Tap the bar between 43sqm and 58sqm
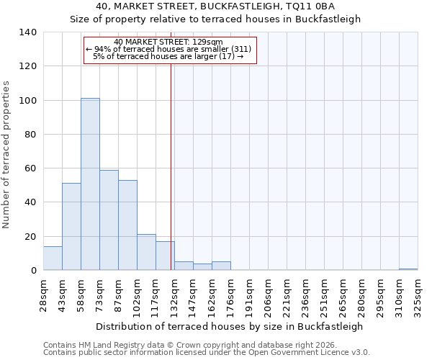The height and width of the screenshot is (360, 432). coord(71,227)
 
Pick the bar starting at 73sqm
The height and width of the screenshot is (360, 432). coord(109,220)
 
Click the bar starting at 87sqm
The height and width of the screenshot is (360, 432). coord(127,225)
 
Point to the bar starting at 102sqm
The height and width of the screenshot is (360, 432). coord(146,252)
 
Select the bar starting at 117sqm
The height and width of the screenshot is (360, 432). coord(165,256)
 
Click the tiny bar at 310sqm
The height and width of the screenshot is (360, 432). coord(408,269)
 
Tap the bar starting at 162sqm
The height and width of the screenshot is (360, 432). coord(221,266)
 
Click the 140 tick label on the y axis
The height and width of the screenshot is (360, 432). coord(27,32)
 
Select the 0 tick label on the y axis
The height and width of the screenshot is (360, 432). coord(33,271)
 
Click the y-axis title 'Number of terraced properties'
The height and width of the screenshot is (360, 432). coord(6,155)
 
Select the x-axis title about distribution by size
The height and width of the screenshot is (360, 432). coord(229,326)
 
